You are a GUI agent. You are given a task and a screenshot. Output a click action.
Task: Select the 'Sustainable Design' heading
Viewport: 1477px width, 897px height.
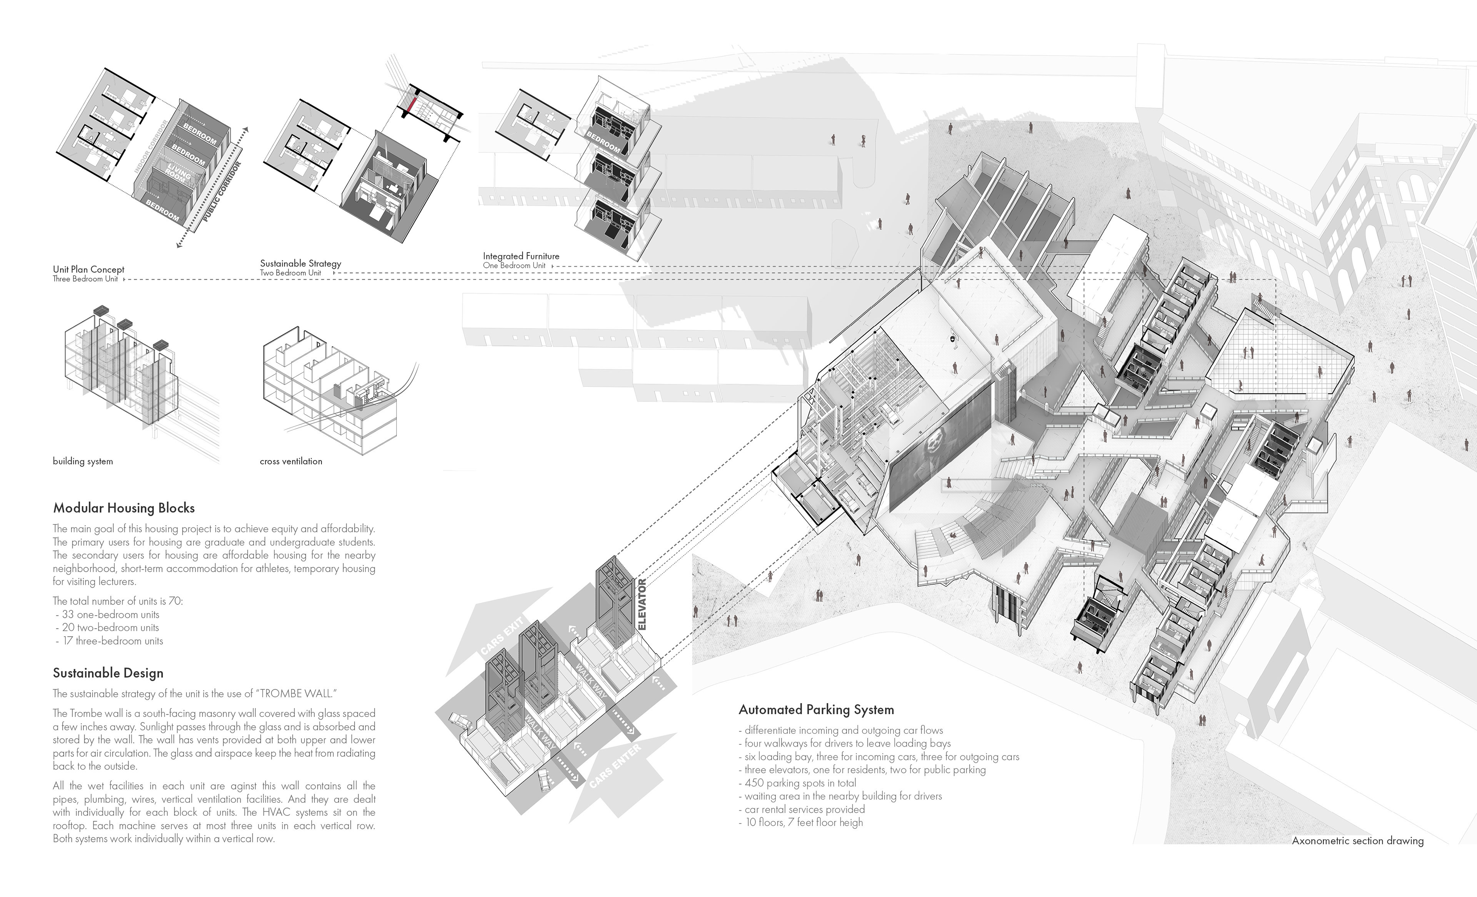pyautogui.click(x=108, y=673)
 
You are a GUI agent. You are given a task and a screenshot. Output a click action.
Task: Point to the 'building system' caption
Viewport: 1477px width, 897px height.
pyautogui.click(x=83, y=461)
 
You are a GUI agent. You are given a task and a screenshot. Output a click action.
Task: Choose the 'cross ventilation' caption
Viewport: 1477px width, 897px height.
pyautogui.click(x=291, y=461)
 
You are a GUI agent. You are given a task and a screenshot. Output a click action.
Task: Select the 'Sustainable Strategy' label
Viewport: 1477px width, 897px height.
pyautogui.click(x=300, y=263)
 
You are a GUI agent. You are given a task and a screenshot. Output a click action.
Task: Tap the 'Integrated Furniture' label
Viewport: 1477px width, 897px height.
pyautogui.click(x=521, y=256)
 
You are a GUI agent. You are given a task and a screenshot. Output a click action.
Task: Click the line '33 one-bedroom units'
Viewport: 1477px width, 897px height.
pyautogui.click(x=110, y=614)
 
